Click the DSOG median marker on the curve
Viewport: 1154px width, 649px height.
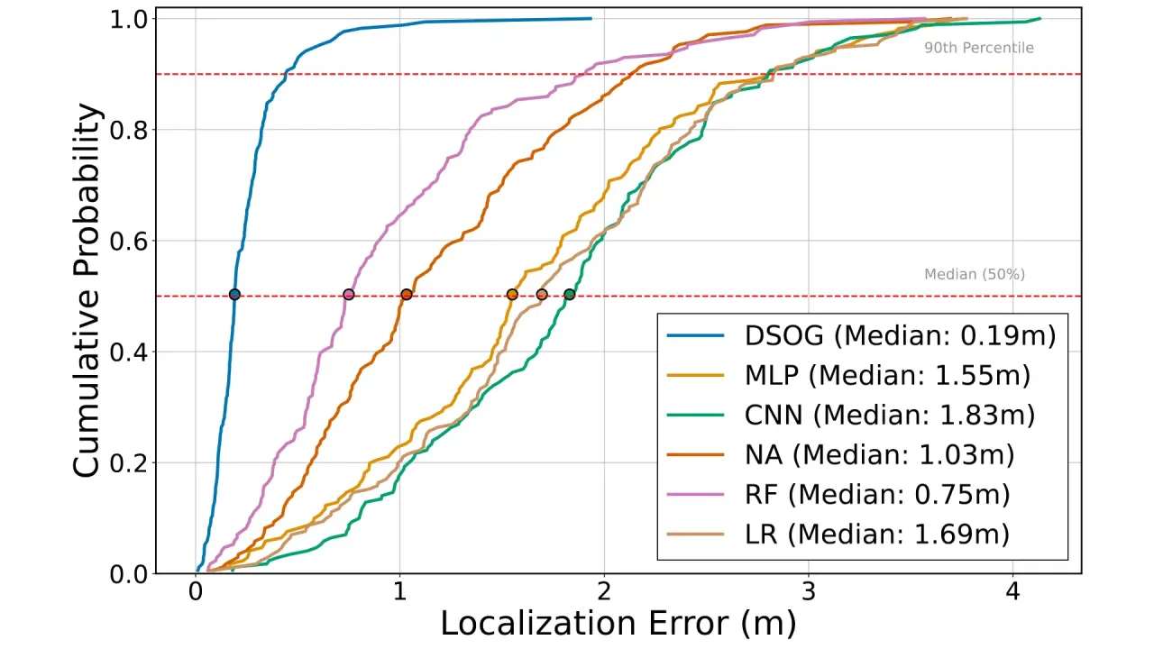coord(234,294)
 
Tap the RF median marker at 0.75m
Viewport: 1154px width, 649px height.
coord(349,294)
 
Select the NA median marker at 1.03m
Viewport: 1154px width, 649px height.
coord(407,294)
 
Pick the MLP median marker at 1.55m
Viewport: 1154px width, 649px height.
coord(512,294)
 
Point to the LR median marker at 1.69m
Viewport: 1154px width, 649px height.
coord(541,294)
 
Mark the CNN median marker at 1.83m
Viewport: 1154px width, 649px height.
coord(569,294)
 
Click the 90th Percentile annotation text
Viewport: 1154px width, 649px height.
coord(978,48)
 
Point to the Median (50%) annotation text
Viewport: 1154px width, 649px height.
coord(975,274)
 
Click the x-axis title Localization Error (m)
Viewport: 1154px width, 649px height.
coord(618,624)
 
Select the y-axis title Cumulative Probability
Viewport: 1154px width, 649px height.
coord(87,290)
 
